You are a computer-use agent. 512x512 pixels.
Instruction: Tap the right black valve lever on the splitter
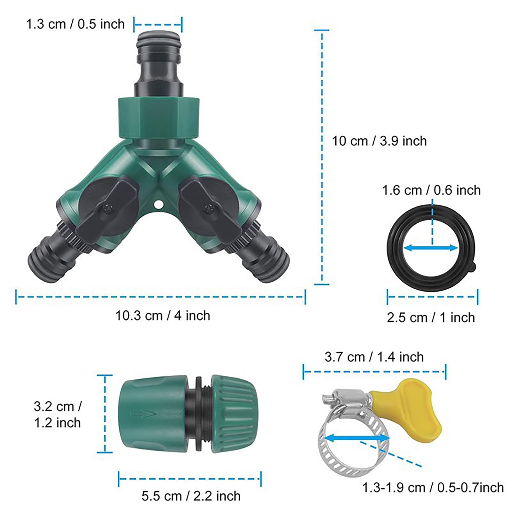click(x=210, y=208)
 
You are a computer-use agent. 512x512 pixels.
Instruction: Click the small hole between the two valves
click(x=157, y=204)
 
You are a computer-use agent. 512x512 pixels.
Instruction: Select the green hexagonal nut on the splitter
click(x=159, y=119)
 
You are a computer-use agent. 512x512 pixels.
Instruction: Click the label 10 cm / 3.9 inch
click(x=379, y=141)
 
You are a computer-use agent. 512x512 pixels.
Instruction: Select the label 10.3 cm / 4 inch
click(x=163, y=316)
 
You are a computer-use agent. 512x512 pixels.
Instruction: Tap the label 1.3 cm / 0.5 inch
click(x=75, y=24)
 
